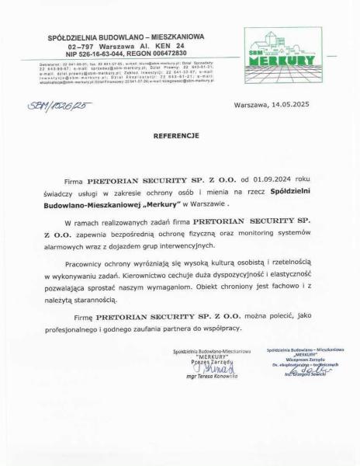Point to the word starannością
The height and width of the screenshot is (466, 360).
[92, 299]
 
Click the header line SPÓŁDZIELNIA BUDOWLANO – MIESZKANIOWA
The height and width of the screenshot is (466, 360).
[126, 36]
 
